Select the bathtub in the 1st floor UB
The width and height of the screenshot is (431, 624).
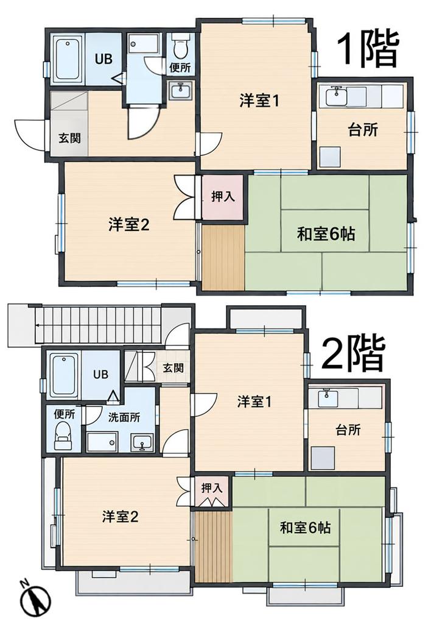pos(67,59)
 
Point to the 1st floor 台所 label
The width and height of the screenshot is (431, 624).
pos(363,130)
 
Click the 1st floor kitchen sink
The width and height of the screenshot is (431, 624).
pos(337,96)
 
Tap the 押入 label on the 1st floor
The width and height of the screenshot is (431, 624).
pos(222,196)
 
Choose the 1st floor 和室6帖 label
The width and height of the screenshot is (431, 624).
pos(326,234)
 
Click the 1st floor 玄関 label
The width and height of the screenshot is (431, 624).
pos(69,138)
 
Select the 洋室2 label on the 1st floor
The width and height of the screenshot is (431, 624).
pos(128,225)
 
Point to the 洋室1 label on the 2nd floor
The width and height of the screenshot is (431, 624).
pos(254,402)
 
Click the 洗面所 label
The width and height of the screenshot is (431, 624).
pos(124,417)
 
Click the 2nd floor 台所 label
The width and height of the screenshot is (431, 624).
pos(348,430)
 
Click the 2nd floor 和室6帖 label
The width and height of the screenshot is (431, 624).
pos(305,528)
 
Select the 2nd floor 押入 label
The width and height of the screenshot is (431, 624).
pos(211,487)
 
